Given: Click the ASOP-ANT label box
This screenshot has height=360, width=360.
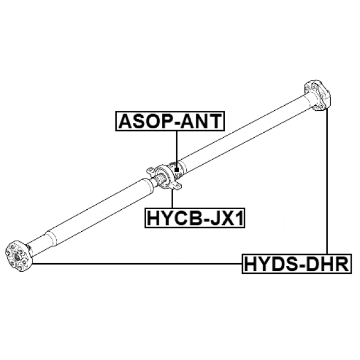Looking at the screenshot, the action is tap(170, 121).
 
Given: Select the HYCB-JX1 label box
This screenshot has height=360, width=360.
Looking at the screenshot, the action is tap(195, 218).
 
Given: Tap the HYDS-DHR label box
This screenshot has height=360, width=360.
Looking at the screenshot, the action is tap(297, 264).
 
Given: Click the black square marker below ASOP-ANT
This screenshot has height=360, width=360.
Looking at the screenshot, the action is tap(176, 170).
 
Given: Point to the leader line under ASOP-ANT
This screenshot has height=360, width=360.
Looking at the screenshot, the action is tap(177, 149).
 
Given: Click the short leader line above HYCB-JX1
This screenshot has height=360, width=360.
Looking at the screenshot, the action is tap(172, 198).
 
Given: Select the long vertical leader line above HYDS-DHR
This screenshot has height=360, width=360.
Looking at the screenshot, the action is tap(327, 181).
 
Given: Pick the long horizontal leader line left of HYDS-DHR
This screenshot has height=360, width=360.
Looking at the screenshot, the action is tap(137, 264).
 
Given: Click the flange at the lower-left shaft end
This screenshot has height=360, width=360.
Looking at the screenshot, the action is tap(18, 256).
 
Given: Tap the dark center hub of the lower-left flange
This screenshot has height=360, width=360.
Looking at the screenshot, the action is tap(17, 256).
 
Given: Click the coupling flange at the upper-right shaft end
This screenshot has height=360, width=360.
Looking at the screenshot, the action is tap(317, 96).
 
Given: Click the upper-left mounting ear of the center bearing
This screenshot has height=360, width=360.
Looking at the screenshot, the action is tap(150, 171).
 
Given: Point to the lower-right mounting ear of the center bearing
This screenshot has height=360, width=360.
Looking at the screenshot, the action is tap(177, 185).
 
